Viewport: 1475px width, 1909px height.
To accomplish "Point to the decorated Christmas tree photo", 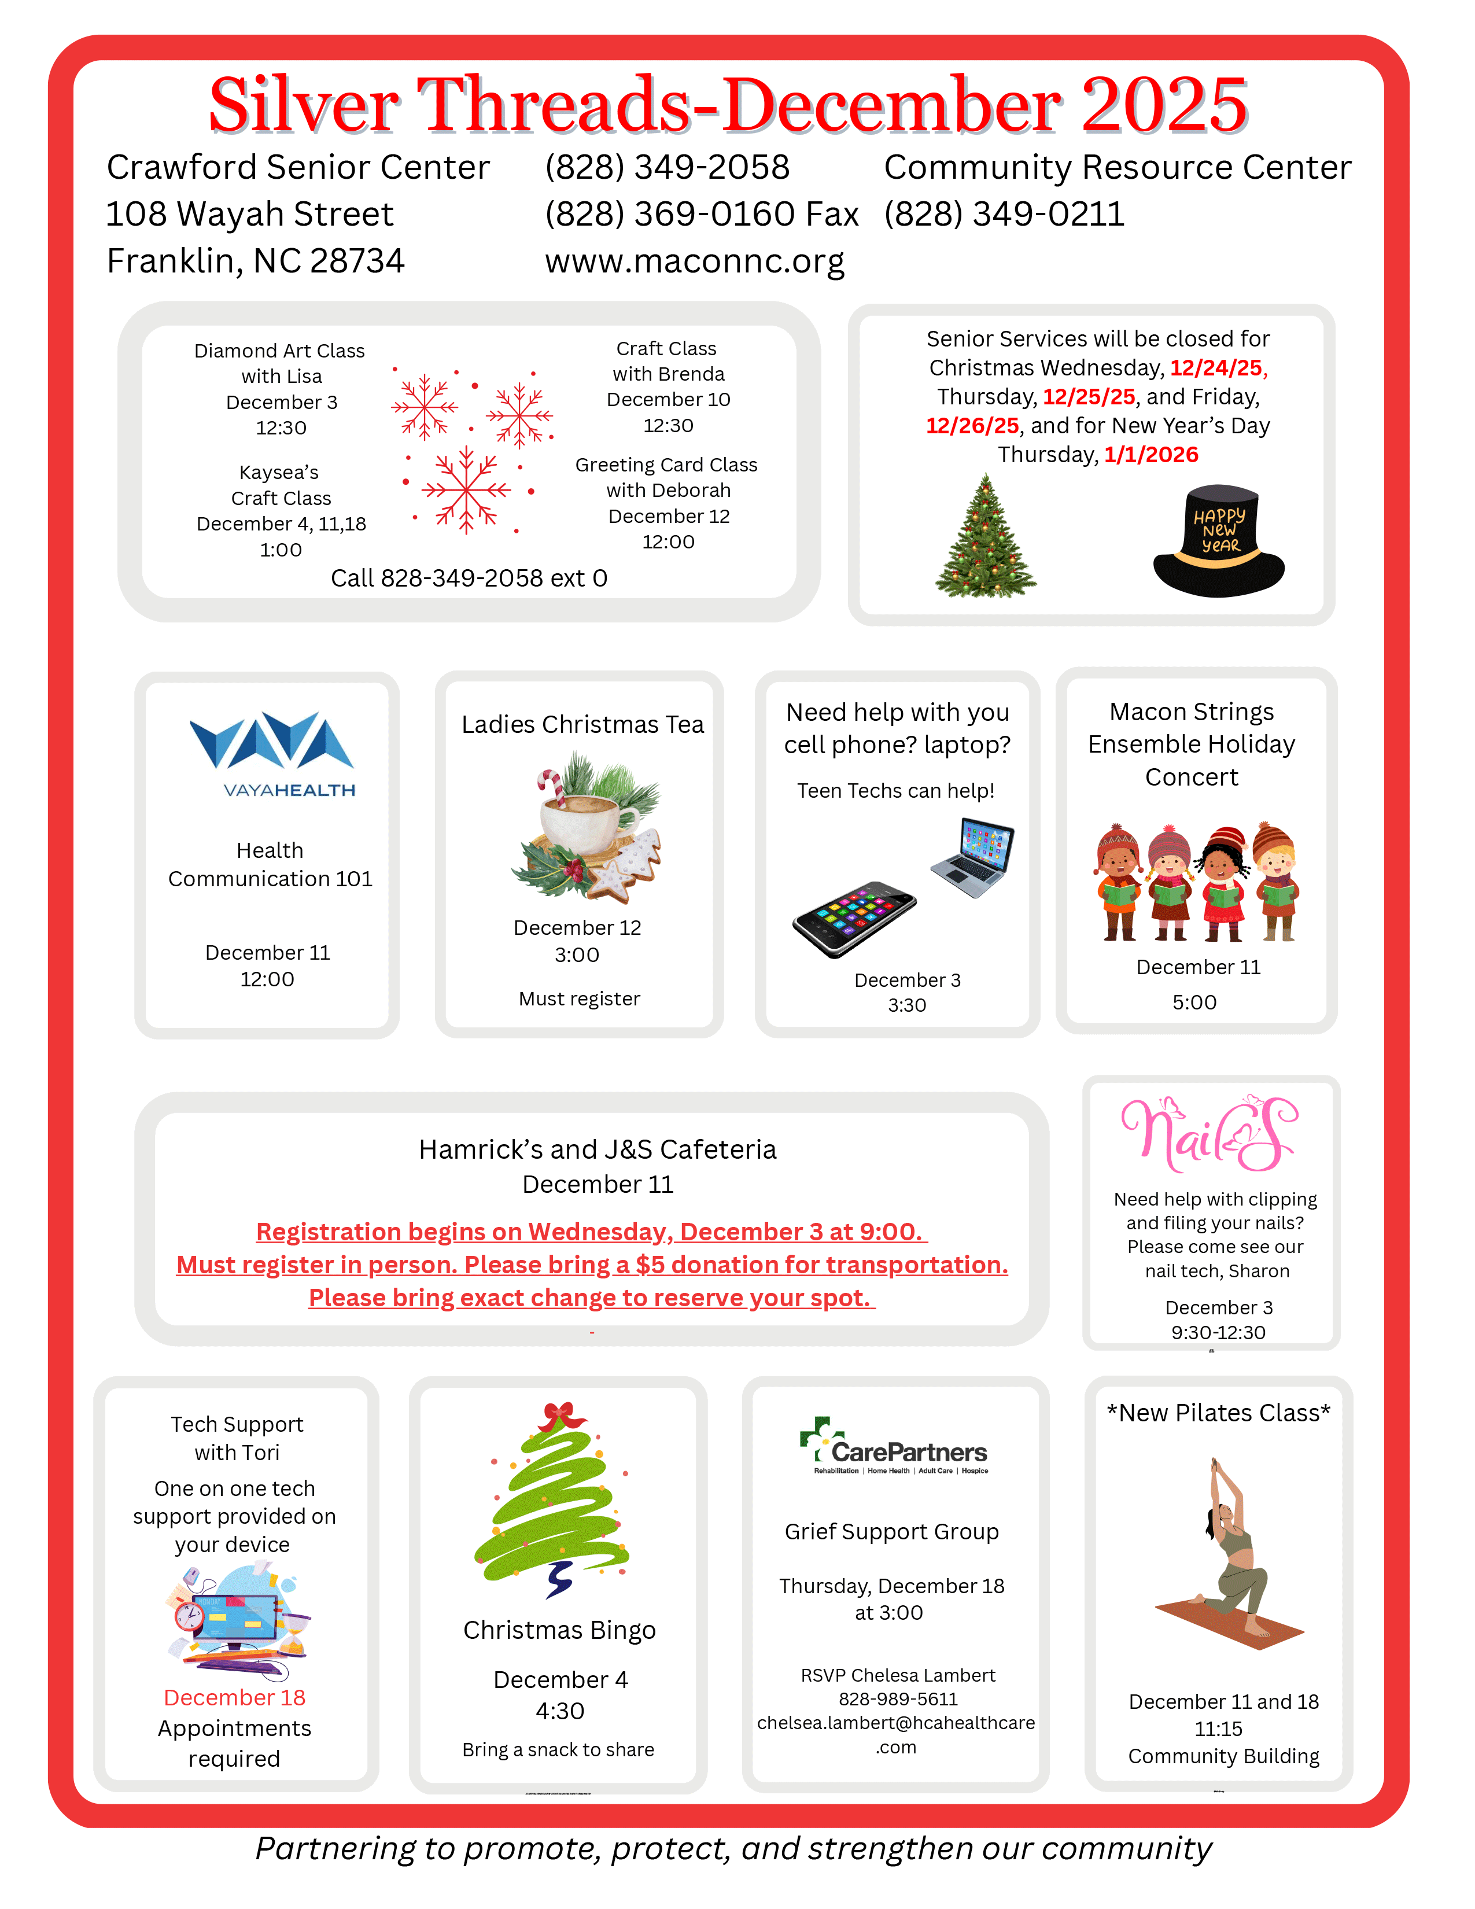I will click(x=986, y=537).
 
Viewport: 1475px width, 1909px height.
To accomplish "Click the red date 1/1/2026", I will click(x=1151, y=455).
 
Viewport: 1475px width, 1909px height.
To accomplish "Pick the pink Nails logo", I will click(x=1210, y=1134).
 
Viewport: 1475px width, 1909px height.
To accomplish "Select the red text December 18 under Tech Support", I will click(x=234, y=1697).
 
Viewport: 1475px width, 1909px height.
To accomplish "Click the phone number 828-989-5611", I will click(x=897, y=1699).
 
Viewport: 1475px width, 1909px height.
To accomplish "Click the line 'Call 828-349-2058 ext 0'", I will click(x=469, y=578).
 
